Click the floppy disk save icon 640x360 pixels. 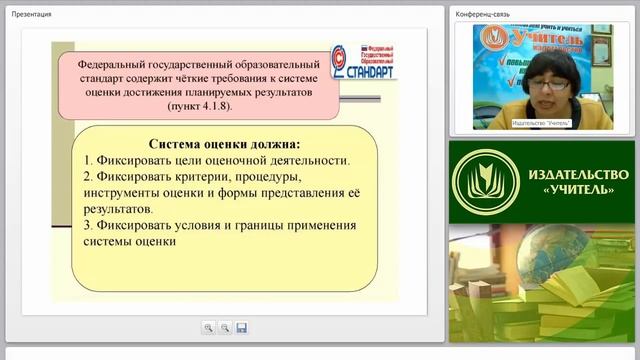(x=241, y=327)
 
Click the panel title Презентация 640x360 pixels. (x=32, y=13)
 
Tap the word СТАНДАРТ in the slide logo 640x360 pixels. (x=371, y=72)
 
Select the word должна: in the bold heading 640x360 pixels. (x=267, y=143)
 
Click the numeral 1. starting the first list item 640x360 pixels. (x=88, y=159)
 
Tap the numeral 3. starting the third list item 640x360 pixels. (x=88, y=225)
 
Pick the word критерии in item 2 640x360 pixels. (x=205, y=176)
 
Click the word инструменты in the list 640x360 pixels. (x=126, y=193)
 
